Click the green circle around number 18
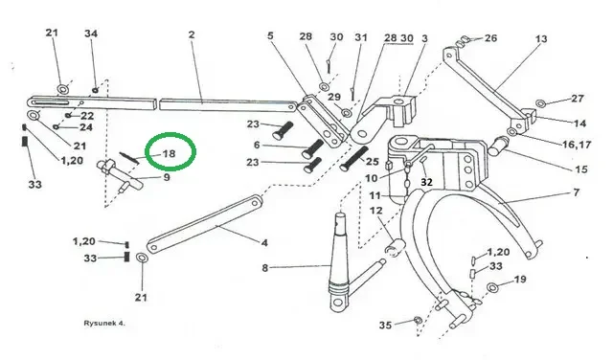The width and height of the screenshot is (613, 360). pyautogui.click(x=146, y=151)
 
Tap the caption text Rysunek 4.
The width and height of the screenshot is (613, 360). pyautogui.click(x=104, y=324)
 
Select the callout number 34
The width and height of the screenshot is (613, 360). pyautogui.click(x=91, y=34)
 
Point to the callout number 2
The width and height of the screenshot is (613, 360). pyautogui.click(x=192, y=34)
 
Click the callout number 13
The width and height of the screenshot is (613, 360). pyautogui.click(x=541, y=39)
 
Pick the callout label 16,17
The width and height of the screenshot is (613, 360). pyautogui.click(x=577, y=145)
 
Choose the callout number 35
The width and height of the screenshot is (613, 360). pyautogui.click(x=385, y=326)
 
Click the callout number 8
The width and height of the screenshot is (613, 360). pyautogui.click(x=265, y=268)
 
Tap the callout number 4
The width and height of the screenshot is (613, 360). pyautogui.click(x=264, y=243)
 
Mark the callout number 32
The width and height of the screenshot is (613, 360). pyautogui.click(x=426, y=182)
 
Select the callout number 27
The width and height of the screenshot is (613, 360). pyautogui.click(x=577, y=99)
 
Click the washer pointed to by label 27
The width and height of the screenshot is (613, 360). pyautogui.click(x=540, y=103)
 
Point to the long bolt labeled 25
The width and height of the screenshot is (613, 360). pyautogui.click(x=353, y=158)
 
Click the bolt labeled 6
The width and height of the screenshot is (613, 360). pyautogui.click(x=312, y=149)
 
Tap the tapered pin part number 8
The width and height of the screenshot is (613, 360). pyautogui.click(x=339, y=260)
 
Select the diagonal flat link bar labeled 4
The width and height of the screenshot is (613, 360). pyautogui.click(x=205, y=224)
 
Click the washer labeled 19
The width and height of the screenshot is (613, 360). pyautogui.click(x=492, y=287)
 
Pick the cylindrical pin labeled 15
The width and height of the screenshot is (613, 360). pyautogui.click(x=498, y=146)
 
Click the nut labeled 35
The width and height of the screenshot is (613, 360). pyautogui.click(x=417, y=321)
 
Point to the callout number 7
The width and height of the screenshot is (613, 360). pyautogui.click(x=577, y=192)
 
